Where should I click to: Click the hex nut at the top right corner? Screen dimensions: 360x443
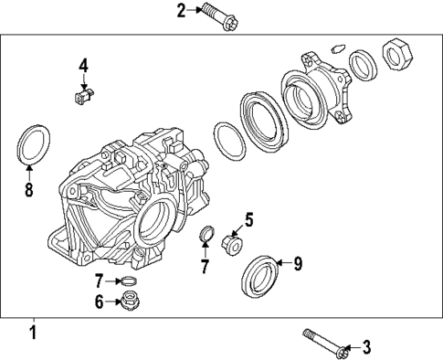click(397, 55)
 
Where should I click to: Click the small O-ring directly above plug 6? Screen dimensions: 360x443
click(130, 281)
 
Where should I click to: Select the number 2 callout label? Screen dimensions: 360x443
click(180, 10)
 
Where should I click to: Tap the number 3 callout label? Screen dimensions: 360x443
click(367, 346)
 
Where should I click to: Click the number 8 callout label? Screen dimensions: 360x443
click(29, 191)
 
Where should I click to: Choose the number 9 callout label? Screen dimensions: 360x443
click(296, 263)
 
